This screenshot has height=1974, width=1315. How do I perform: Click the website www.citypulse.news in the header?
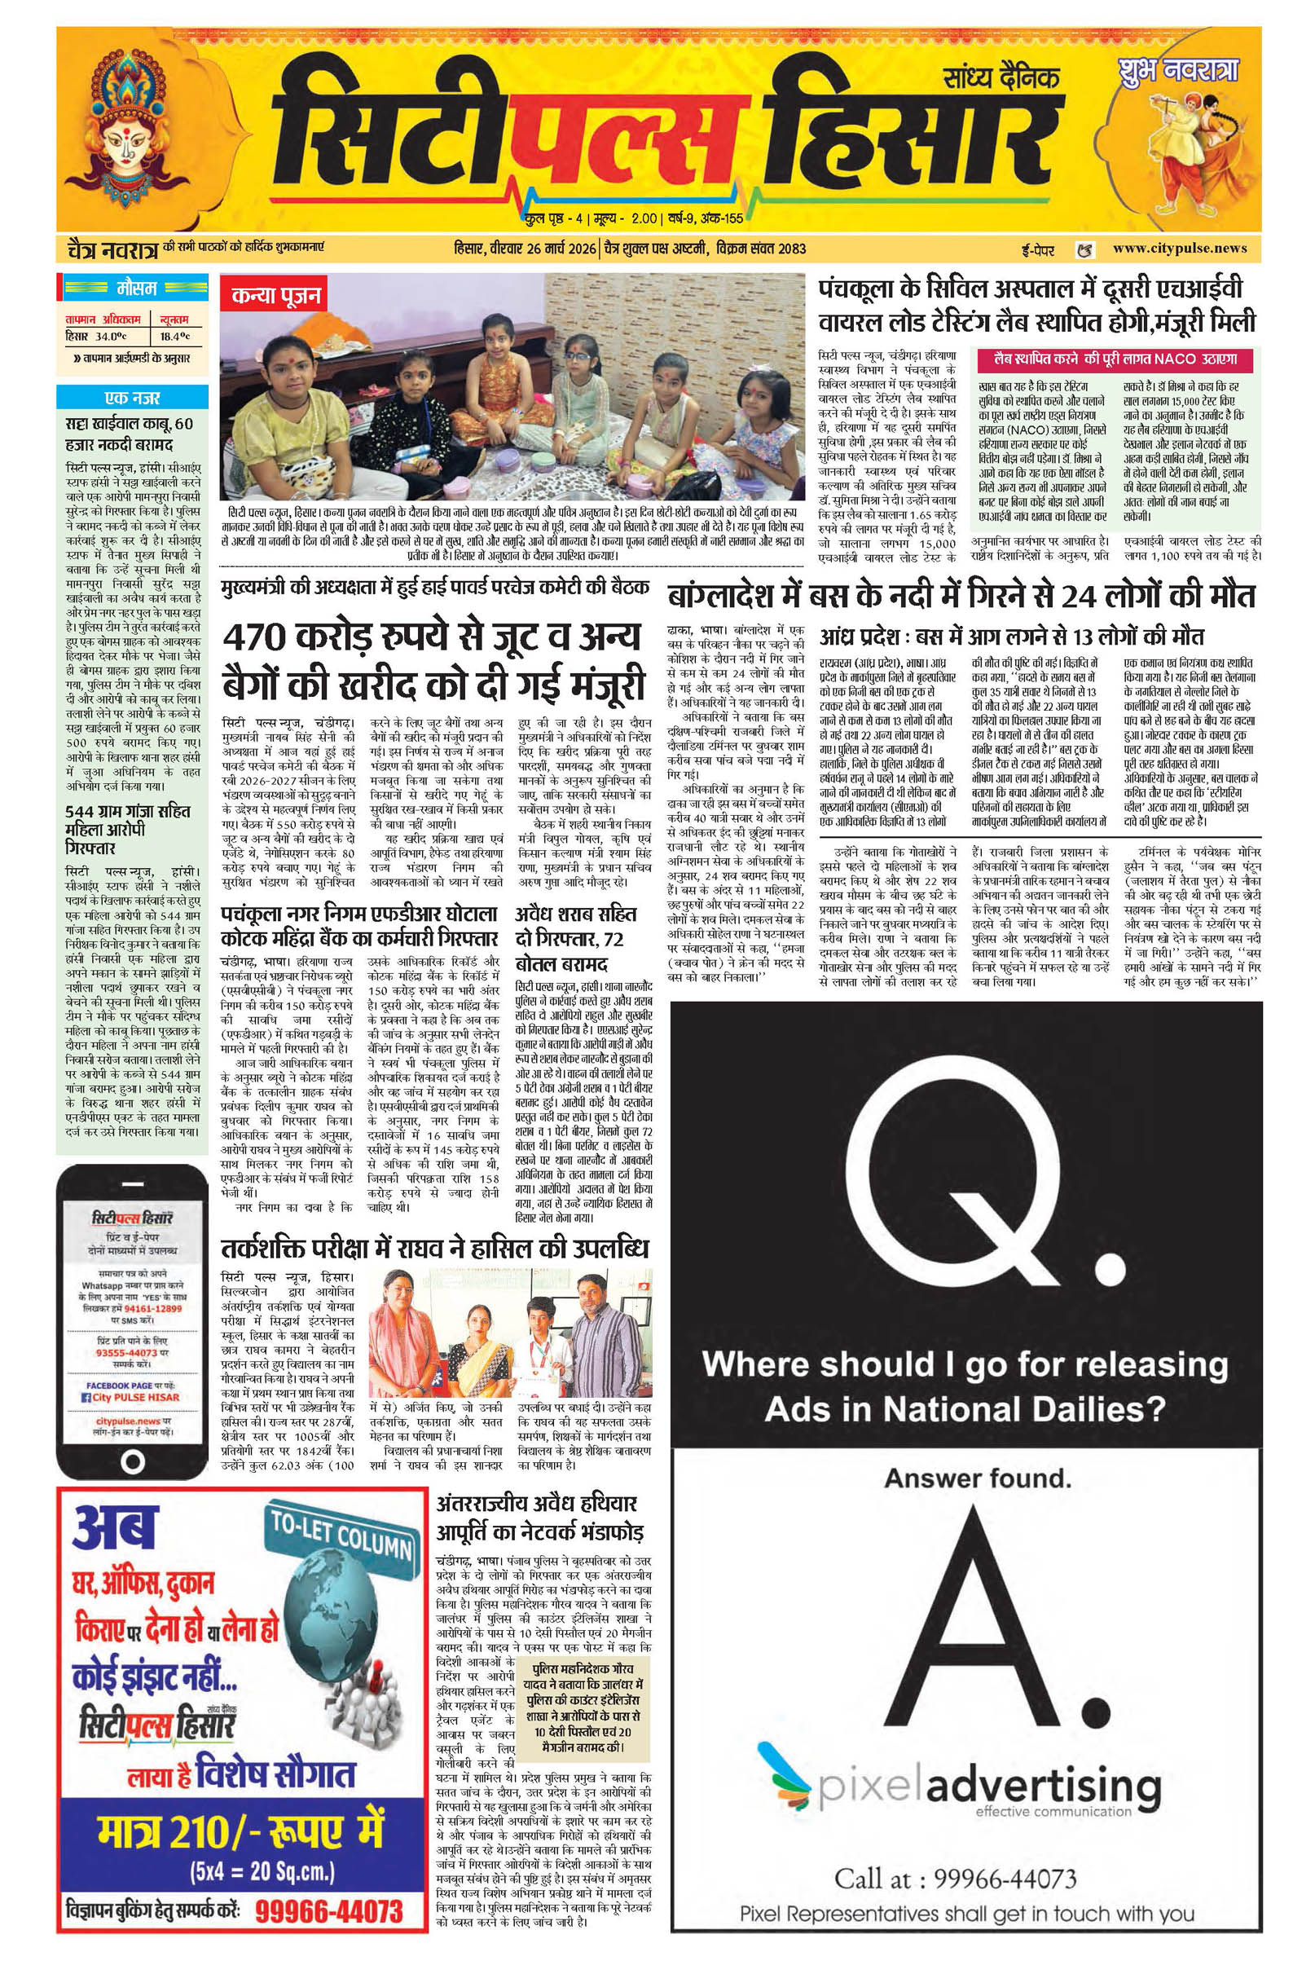pos(1179,248)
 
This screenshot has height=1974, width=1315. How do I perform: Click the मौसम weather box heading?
pos(133,289)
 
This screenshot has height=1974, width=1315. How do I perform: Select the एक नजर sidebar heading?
pos(133,398)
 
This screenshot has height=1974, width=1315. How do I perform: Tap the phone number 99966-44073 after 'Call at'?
pos(1005,1878)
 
